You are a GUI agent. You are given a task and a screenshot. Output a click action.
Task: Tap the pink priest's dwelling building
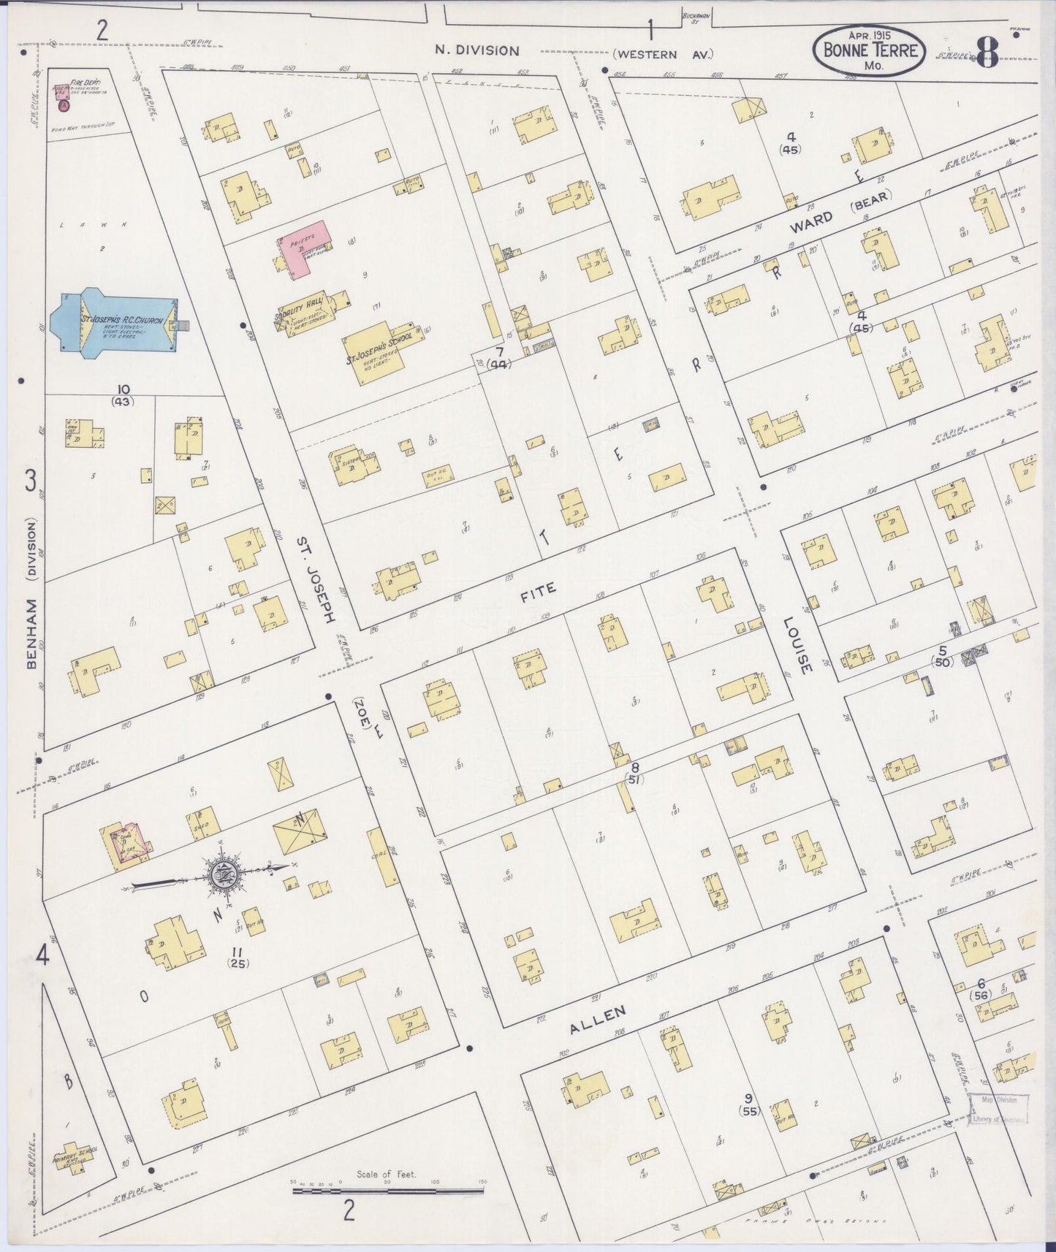[301, 250]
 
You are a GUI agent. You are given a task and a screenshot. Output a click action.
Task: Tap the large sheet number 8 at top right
[986, 53]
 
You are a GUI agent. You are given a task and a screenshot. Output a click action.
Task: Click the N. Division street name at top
[476, 51]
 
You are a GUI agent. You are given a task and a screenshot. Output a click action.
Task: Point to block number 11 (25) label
[236, 957]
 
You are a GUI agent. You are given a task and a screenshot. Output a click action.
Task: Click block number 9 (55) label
[748, 1104]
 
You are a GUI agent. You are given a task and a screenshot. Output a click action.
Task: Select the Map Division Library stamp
[998, 1108]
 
